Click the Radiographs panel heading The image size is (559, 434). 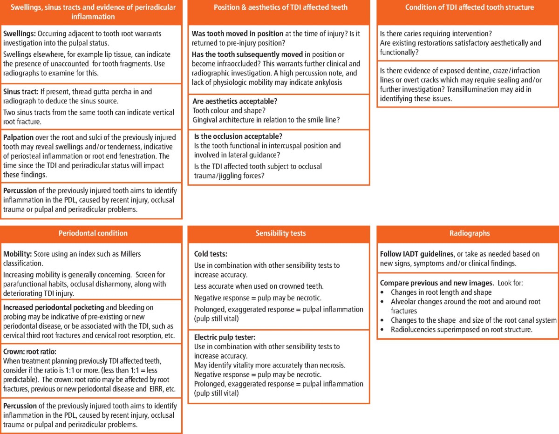(467, 233)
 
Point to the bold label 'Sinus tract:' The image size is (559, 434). (21, 92)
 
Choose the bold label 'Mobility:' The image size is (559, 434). (19, 254)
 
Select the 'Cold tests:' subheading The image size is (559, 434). (211, 254)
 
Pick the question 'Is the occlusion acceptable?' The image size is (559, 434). (239, 136)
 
